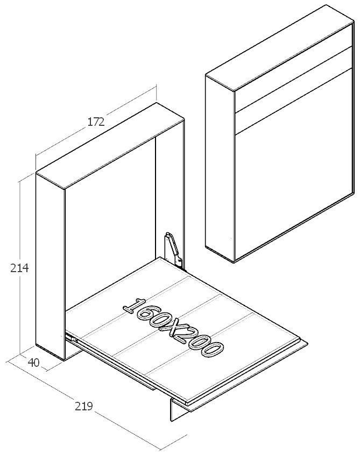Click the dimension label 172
click(96, 122)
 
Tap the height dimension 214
click(19, 268)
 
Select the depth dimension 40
click(34, 362)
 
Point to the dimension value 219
click(84, 406)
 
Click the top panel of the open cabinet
click(110, 145)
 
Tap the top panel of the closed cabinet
click(280, 48)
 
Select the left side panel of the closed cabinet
click(220, 168)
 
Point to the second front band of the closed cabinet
click(293, 90)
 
